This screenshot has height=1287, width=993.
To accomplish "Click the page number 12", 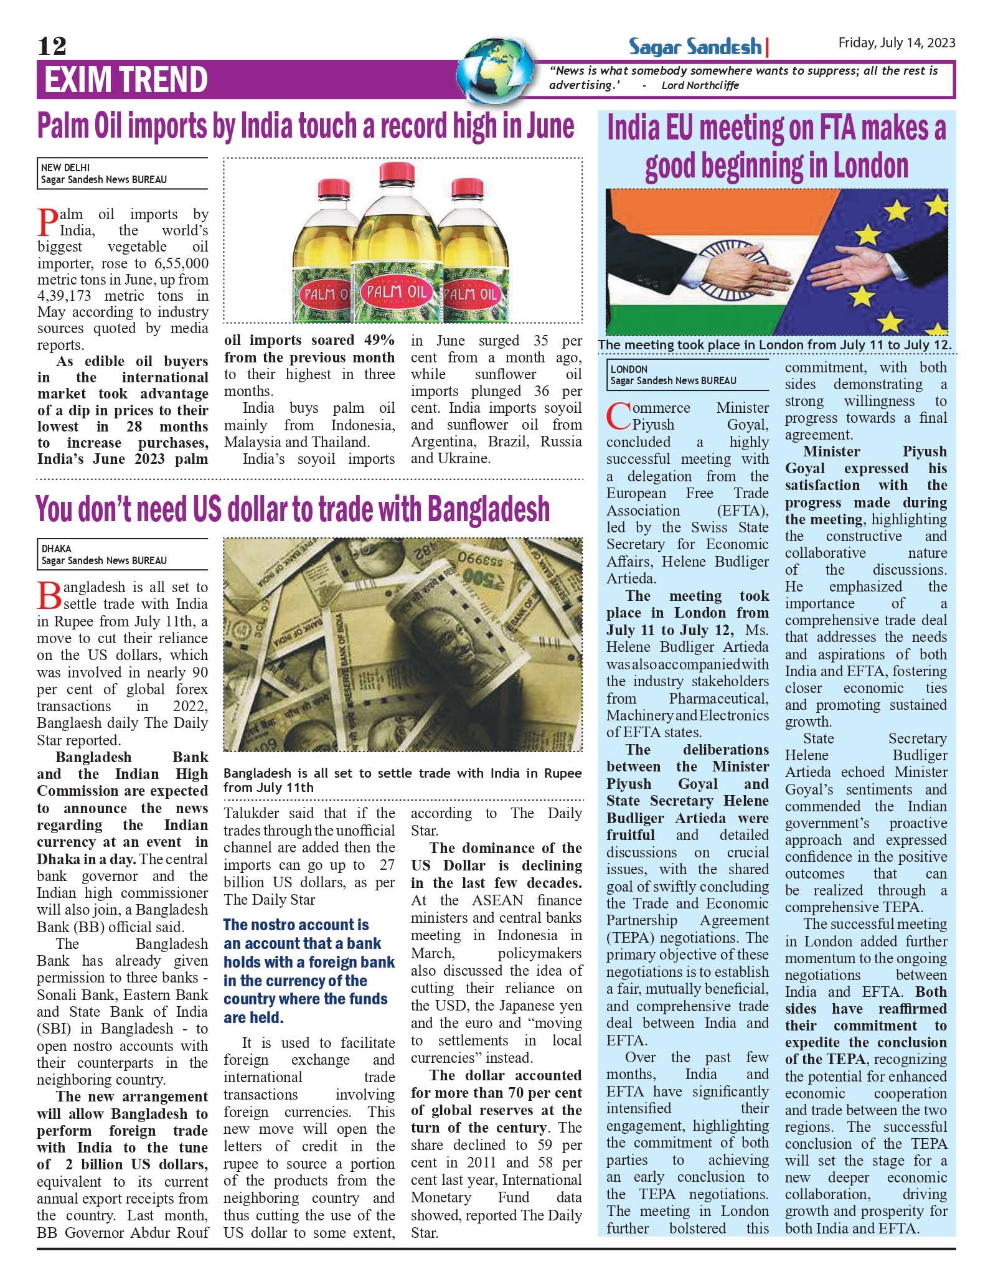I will coord(52,46).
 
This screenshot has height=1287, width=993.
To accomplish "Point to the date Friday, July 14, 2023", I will coord(897,42).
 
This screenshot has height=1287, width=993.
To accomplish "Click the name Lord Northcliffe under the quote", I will coord(700,85).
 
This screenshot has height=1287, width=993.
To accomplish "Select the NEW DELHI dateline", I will coord(65,167).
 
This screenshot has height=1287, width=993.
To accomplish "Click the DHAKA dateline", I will coord(56,549).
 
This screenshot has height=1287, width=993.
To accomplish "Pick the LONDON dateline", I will coord(629,369).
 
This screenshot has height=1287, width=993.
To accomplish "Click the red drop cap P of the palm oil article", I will coord(48,223).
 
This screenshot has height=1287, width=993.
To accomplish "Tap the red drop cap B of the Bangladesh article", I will coord(49,596).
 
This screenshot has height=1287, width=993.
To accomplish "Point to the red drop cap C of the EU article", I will coord(619,417).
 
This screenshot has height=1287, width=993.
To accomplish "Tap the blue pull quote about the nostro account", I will coord(309,971).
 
